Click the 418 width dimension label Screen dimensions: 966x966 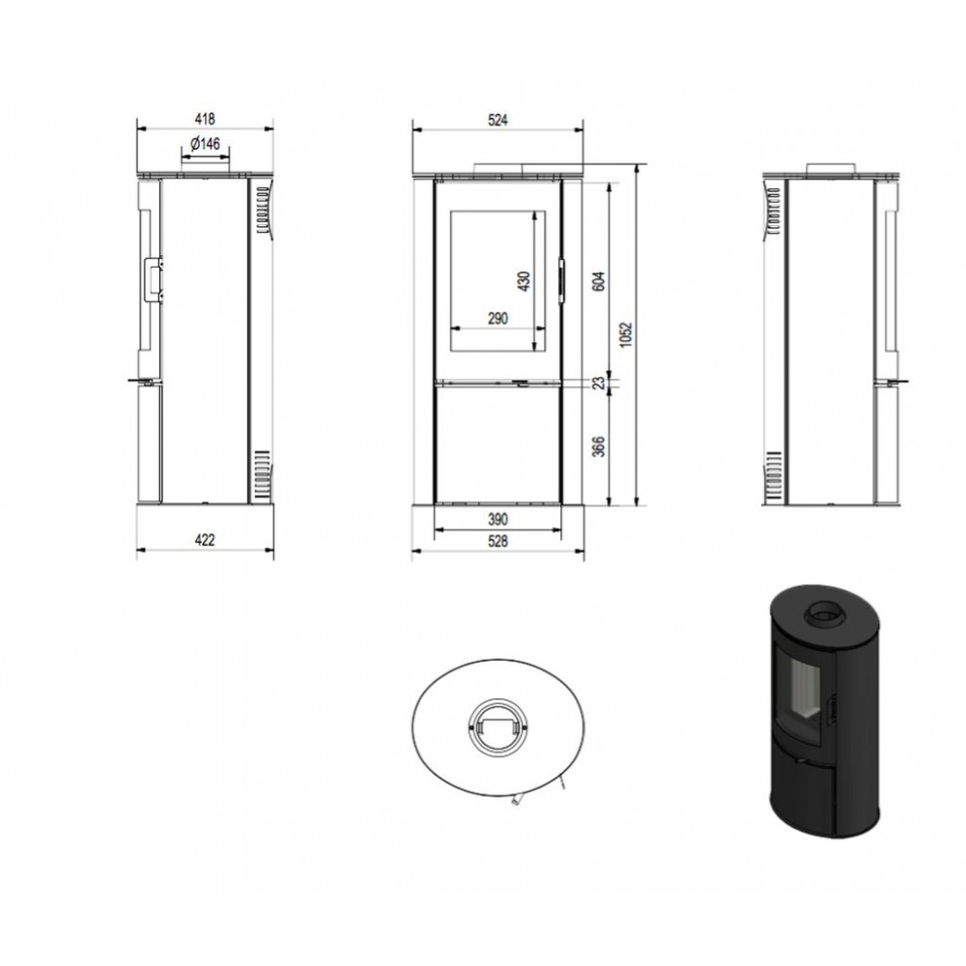[x=205, y=118]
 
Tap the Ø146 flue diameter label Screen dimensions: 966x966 [x=205, y=144]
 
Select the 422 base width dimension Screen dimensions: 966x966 [x=205, y=540]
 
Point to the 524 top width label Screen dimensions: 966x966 [x=497, y=120]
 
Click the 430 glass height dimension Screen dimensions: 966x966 [x=525, y=281]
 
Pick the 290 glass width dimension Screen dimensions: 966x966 [x=497, y=319]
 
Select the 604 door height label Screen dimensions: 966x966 [x=599, y=281]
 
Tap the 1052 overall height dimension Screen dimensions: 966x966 [x=627, y=334]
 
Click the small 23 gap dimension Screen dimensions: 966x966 [x=599, y=384]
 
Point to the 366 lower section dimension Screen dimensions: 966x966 [x=599, y=446]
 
